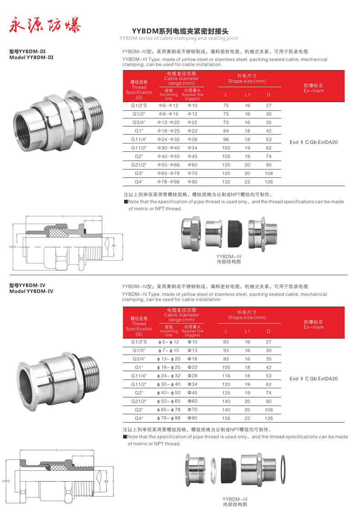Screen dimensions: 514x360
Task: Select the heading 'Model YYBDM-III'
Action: click(x=31, y=58)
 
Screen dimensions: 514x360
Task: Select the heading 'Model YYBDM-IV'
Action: click(x=31, y=291)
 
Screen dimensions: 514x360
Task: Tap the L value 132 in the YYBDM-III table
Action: click(x=226, y=181)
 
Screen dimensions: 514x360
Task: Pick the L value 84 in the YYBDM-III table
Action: click(x=226, y=131)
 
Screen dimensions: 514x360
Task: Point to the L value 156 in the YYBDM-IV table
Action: click(x=226, y=418)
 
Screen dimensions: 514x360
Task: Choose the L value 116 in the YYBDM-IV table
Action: click(x=226, y=376)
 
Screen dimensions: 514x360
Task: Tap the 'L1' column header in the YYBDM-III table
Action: click(x=247, y=95)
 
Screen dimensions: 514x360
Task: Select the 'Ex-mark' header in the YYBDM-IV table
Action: click(x=314, y=327)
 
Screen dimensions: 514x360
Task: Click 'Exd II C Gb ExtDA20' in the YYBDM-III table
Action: click(x=314, y=142)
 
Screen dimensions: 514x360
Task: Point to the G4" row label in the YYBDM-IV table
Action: click(x=139, y=418)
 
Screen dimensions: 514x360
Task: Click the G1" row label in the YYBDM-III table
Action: click(x=139, y=131)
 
